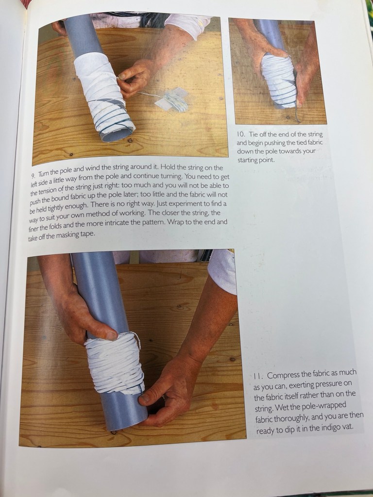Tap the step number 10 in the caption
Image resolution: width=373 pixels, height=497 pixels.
241,134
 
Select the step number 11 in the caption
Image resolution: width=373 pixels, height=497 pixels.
257,377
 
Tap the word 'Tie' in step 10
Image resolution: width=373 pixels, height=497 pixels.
254,134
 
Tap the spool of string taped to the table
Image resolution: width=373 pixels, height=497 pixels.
173,100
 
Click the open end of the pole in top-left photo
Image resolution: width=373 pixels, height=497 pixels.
117,135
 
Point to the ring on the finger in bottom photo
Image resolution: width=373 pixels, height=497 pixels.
163,398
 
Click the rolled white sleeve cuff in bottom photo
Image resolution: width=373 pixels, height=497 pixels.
222,271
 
